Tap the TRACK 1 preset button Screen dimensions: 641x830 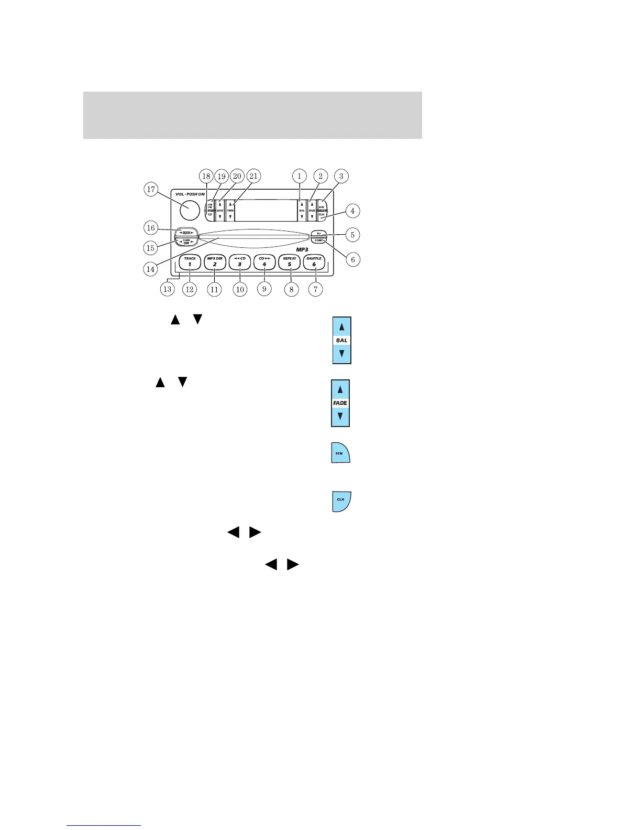point(190,261)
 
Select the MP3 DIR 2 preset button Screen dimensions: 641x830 point(215,261)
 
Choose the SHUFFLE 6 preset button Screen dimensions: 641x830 point(314,261)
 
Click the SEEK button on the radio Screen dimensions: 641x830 point(186,232)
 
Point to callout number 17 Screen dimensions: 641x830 point(151,189)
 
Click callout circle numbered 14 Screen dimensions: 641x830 point(151,269)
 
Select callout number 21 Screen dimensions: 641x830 point(254,177)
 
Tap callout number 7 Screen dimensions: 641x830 point(315,289)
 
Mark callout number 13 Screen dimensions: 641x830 point(167,289)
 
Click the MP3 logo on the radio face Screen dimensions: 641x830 point(303,249)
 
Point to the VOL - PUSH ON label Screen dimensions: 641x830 point(190,194)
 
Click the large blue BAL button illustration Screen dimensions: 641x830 point(341,340)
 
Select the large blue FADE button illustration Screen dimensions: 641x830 point(340,403)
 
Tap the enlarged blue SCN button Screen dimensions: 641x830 point(340,453)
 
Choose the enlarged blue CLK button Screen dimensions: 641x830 point(341,501)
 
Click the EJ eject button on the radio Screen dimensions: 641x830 point(318,233)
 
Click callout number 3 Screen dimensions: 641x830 point(341,177)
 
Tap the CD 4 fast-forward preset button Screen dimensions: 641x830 point(264,261)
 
